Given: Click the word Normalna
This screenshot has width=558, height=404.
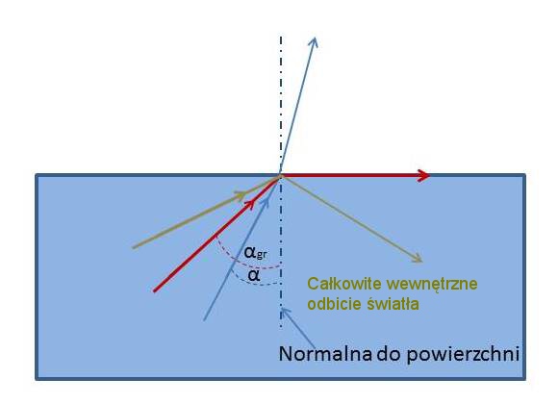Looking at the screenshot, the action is click(x=325, y=354).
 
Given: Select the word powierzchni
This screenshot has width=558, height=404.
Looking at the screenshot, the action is click(x=462, y=355).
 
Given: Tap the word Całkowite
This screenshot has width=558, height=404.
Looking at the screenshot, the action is click(x=343, y=284).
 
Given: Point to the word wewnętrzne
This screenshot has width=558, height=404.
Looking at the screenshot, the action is click(x=432, y=285).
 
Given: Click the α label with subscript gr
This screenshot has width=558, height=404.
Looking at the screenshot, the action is click(x=256, y=253).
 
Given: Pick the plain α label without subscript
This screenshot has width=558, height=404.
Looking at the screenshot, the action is click(x=254, y=275).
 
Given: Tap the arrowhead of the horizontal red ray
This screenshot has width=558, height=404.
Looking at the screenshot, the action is click(x=423, y=175).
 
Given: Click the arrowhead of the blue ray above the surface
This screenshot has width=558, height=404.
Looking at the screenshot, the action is click(x=314, y=41).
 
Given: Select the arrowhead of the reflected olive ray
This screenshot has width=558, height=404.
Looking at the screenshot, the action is click(x=418, y=259).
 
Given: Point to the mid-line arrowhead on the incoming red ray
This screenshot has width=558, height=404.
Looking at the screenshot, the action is click(x=250, y=203).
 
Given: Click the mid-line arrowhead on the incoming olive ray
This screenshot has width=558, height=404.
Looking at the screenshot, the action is click(x=241, y=194).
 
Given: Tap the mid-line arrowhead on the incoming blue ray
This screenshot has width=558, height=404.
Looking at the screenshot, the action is click(x=266, y=201).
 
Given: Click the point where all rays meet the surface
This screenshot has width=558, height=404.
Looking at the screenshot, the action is click(x=280, y=175).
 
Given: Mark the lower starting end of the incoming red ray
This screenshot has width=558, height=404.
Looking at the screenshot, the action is click(x=155, y=290).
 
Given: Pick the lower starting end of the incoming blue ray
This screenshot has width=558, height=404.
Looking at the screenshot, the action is click(x=204, y=320).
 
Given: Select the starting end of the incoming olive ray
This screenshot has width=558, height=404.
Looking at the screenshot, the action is click(x=133, y=247).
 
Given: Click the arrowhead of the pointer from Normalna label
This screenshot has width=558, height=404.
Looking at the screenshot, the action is click(x=284, y=311).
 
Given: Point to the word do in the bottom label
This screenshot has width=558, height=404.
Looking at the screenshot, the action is click(x=389, y=354).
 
